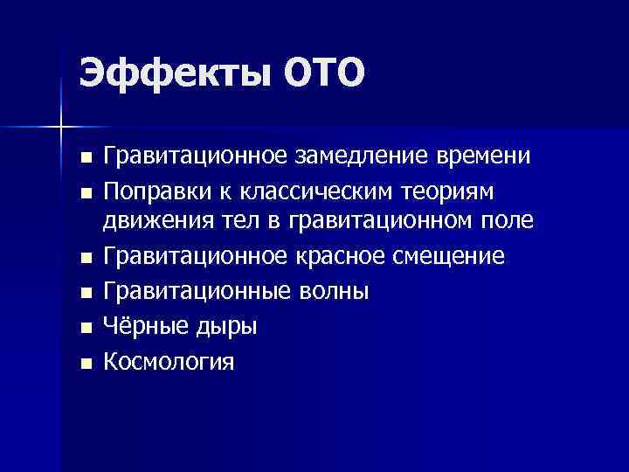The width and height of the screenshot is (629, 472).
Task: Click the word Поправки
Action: (158, 191)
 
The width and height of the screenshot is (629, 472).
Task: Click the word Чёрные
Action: (142, 326)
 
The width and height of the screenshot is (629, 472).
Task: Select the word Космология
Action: (169, 360)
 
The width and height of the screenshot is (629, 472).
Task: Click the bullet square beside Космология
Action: (84, 362)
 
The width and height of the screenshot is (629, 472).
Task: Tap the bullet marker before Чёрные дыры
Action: (84, 328)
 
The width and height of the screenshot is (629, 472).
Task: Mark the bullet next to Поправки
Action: (84, 192)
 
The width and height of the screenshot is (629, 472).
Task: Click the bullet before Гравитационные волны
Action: (84, 293)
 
